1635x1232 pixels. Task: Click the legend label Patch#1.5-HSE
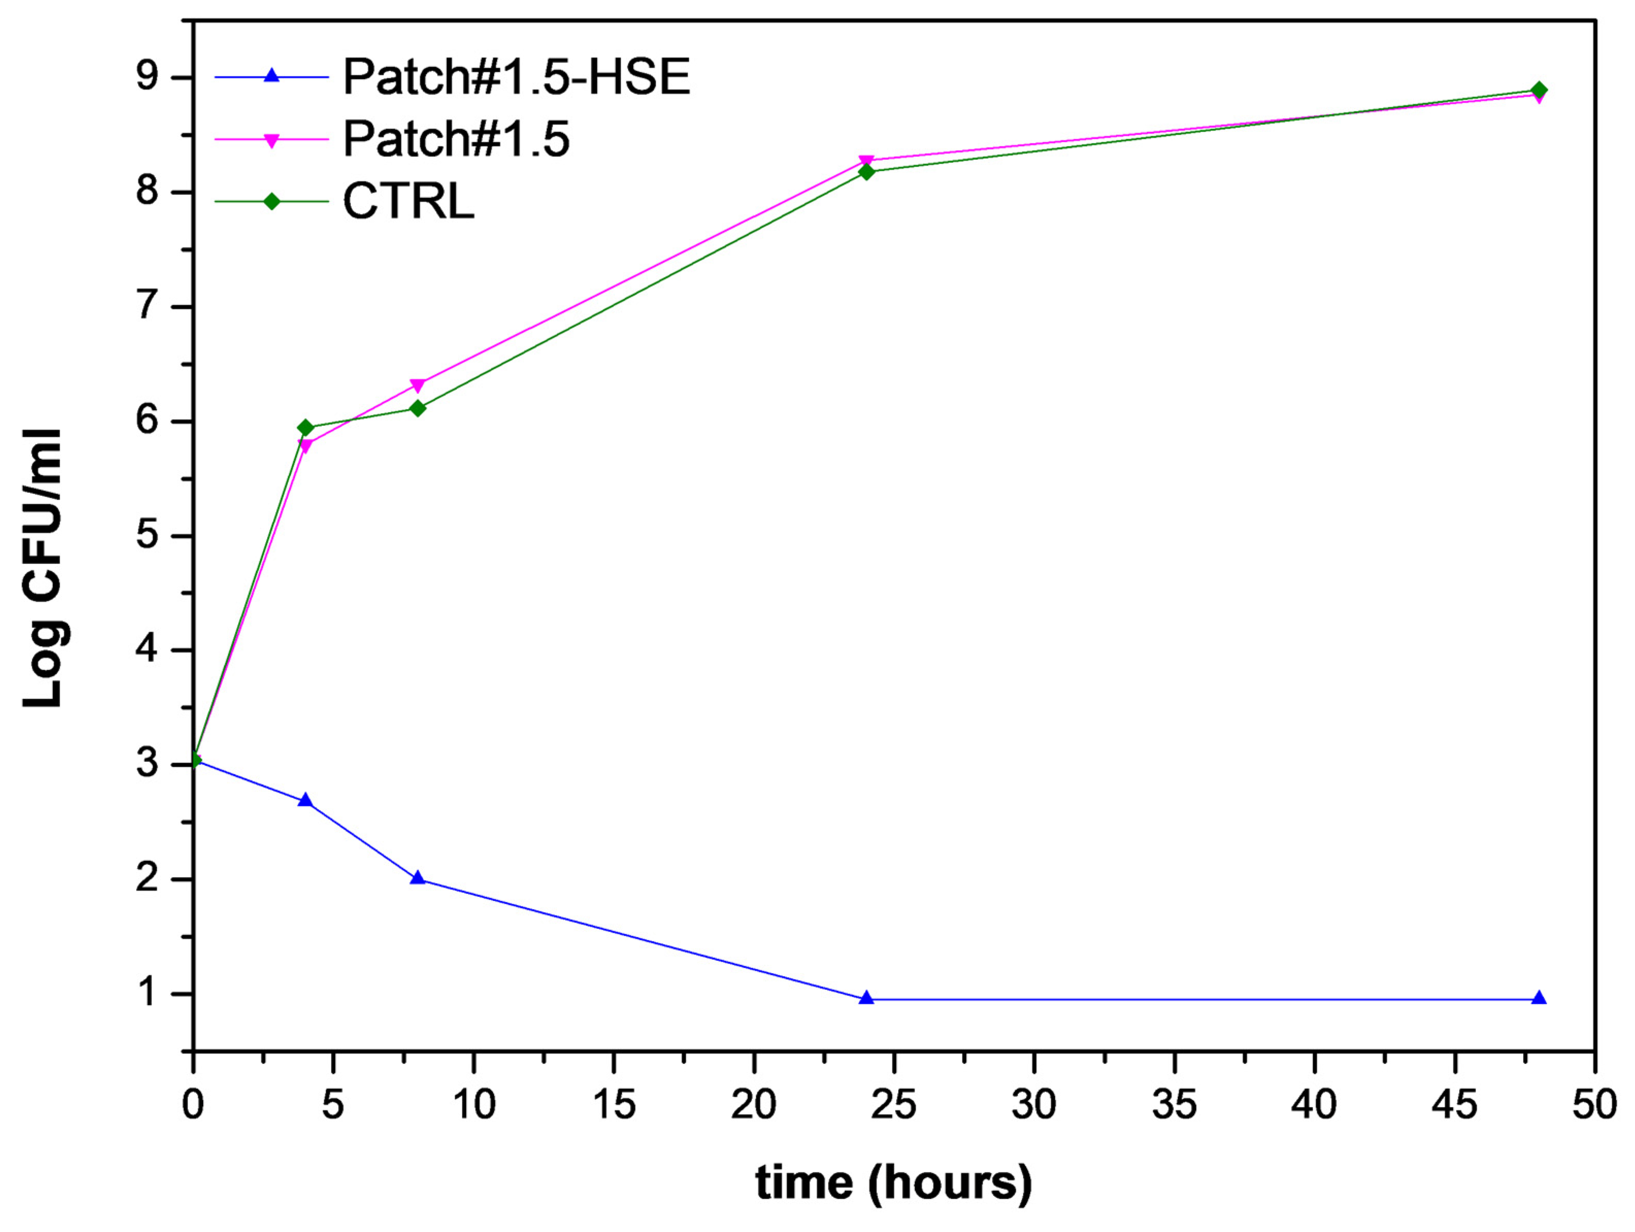(516, 77)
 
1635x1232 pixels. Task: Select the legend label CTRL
(408, 201)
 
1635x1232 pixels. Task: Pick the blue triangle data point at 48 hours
(1539, 998)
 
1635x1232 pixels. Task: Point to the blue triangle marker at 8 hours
(418, 878)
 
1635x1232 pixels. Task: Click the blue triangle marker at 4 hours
(305, 801)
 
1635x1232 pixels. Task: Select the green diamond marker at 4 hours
(305, 428)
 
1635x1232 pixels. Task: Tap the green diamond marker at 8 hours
(418, 408)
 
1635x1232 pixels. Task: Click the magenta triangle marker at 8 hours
(418, 385)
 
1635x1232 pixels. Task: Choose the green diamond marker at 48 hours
(1539, 90)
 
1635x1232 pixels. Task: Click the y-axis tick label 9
(147, 77)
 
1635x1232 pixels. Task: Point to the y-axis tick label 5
(147, 535)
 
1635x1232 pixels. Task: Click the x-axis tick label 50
(1594, 1106)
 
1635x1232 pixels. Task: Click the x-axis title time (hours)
(893, 1183)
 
